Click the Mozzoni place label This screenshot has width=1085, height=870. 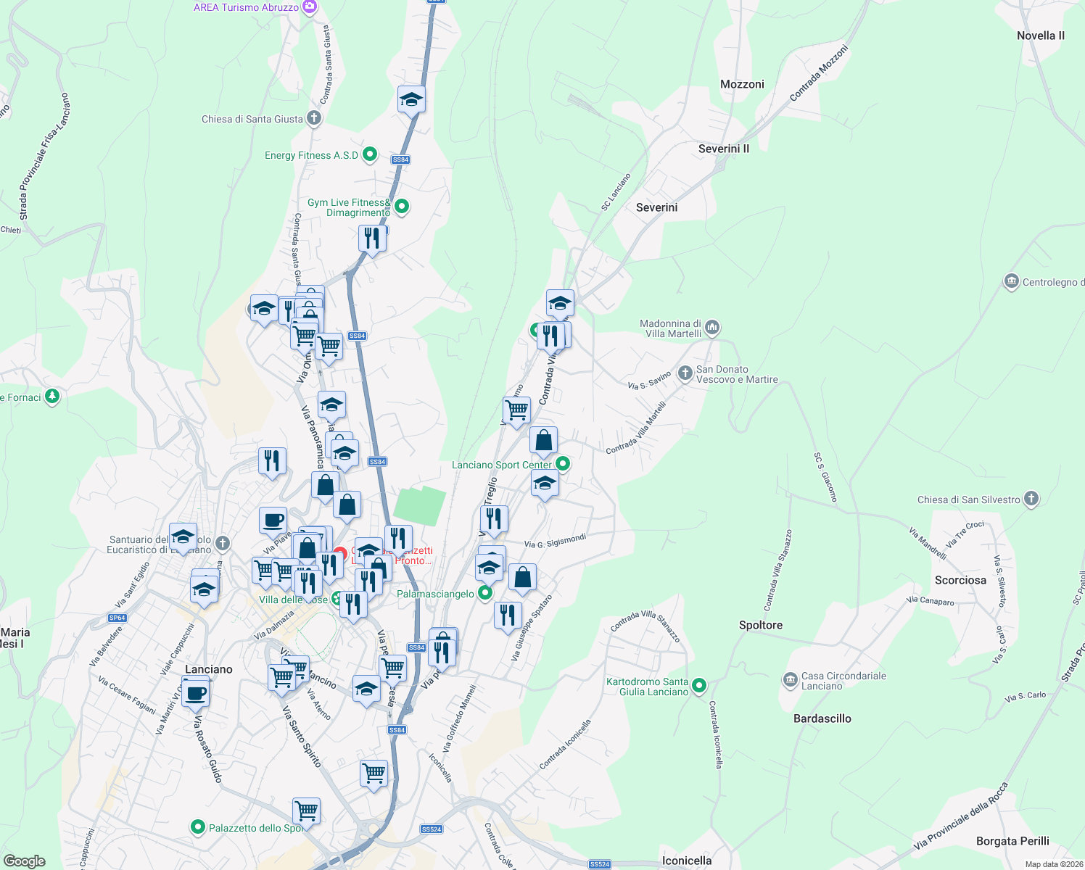click(742, 84)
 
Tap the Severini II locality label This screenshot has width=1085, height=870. click(723, 149)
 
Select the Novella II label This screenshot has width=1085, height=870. click(1040, 36)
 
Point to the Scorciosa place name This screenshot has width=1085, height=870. click(960, 580)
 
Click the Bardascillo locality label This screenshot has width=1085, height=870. click(822, 718)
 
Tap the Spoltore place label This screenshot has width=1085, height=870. click(760, 625)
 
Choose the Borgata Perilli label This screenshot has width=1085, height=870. click(1012, 841)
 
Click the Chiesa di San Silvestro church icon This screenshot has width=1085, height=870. click(1031, 499)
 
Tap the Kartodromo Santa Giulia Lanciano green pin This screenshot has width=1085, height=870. click(698, 685)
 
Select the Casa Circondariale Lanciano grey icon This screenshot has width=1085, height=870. click(790, 679)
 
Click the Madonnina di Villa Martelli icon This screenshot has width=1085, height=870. click(711, 328)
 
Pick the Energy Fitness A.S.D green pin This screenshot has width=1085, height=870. click(369, 154)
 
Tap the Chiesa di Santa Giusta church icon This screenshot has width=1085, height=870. click(313, 118)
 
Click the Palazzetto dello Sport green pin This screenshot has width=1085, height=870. click(197, 826)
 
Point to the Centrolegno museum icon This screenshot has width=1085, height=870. click(1011, 281)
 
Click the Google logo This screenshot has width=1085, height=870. click(24, 861)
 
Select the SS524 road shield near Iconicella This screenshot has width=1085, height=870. click(599, 863)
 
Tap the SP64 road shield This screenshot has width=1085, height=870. click(117, 618)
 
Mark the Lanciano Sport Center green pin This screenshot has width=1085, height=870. click(562, 464)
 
